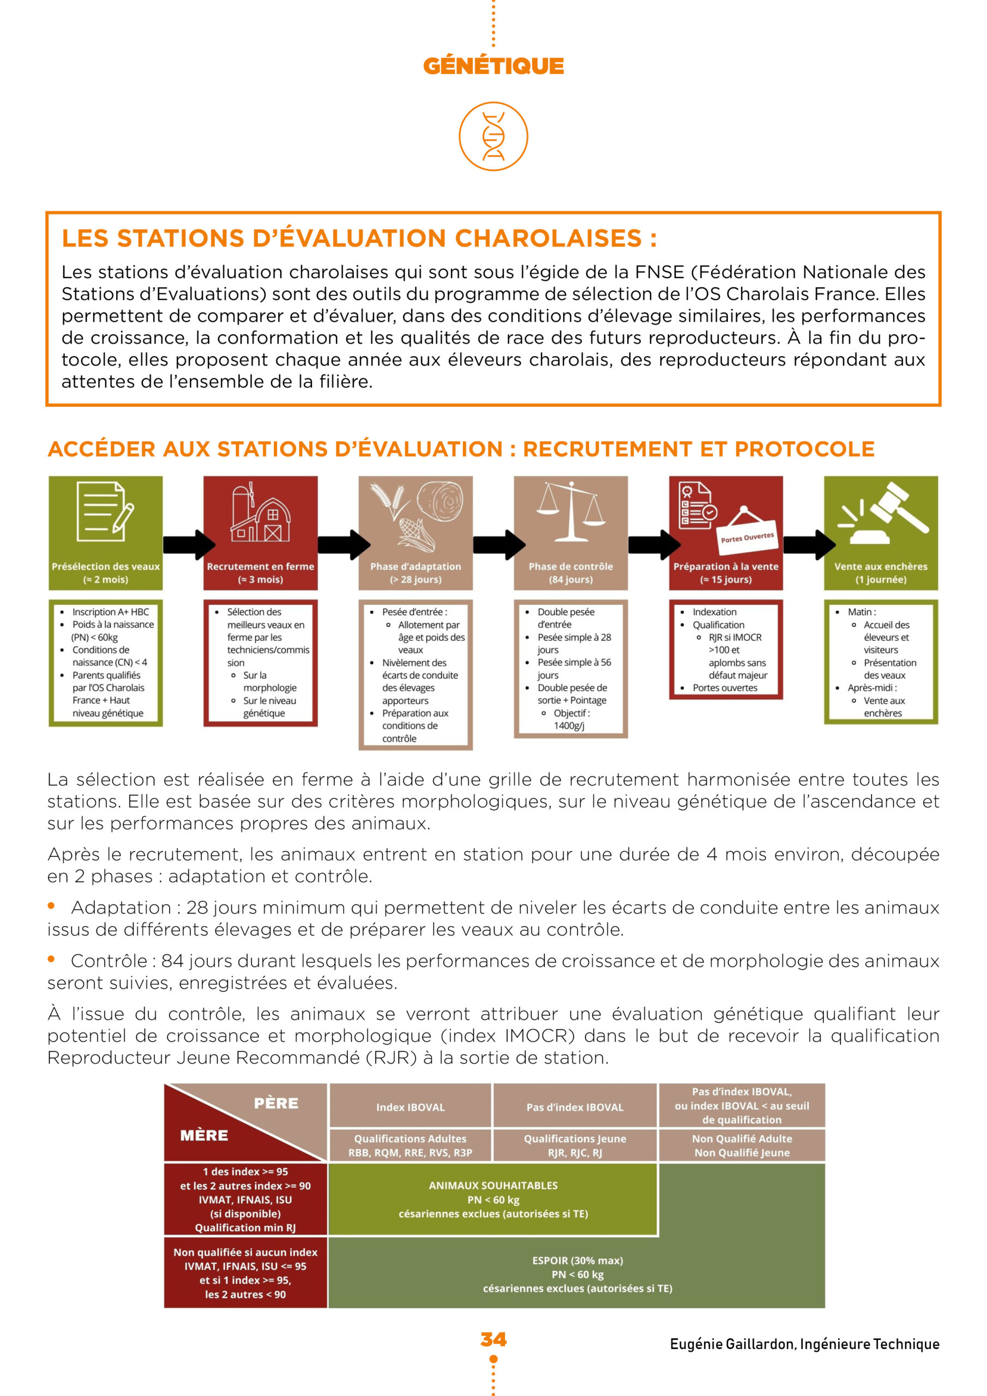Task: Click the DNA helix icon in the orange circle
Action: [493, 136]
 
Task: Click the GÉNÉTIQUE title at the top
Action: [493, 65]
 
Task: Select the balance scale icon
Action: [570, 511]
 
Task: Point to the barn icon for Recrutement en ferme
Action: [260, 513]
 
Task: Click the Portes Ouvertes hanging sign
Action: [748, 536]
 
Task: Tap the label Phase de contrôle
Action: [570, 566]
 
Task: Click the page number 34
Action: [493, 1339]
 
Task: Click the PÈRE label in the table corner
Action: [276, 1103]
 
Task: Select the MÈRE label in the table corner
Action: [204, 1135]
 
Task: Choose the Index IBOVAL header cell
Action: [411, 1107]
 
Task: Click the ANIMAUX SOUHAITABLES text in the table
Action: [492, 1185]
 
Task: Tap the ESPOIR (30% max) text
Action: [577, 1260]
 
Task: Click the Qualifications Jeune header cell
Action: [575, 1146]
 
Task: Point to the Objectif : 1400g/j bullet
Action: [571, 719]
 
